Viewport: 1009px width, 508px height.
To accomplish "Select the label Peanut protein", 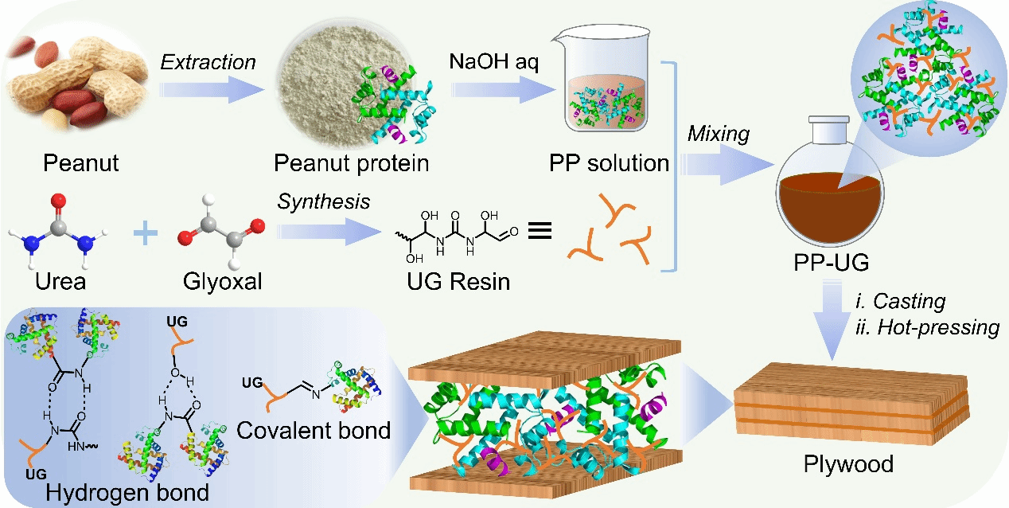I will point(351,164).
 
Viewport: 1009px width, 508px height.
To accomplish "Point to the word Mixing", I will point(718,134).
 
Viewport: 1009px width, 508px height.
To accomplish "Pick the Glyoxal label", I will point(222,281).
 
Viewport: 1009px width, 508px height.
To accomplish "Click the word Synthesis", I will point(323,201).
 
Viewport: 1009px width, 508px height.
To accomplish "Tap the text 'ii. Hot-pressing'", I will point(926,326).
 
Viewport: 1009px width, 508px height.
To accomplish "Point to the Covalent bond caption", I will point(315,431).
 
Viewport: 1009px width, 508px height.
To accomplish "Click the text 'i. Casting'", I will point(899,302).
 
